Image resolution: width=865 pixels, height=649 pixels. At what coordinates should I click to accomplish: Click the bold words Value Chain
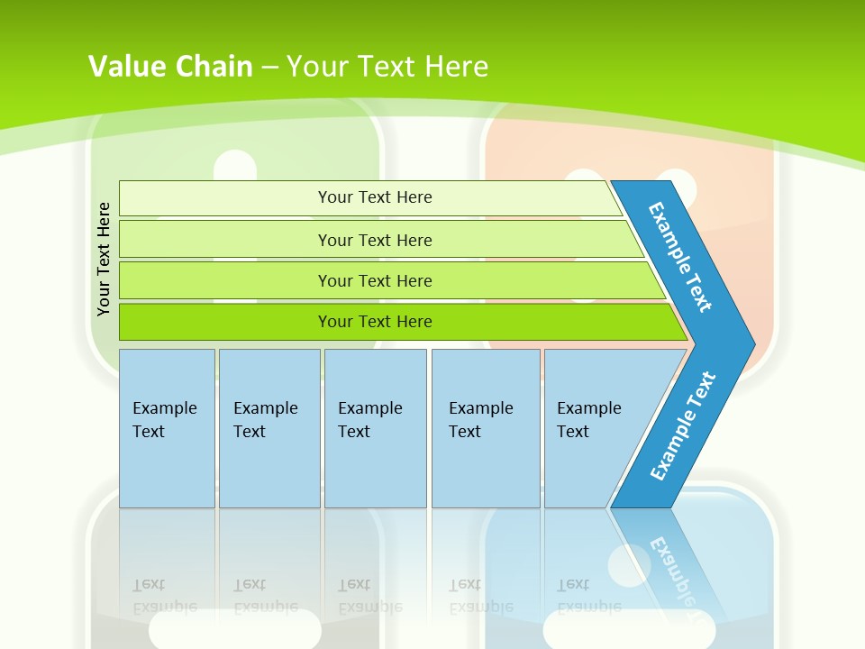170,67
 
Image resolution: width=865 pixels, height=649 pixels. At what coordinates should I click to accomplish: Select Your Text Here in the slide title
387,67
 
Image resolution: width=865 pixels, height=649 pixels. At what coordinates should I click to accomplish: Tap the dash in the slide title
269,68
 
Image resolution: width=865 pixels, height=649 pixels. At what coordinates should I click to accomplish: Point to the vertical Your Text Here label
104,259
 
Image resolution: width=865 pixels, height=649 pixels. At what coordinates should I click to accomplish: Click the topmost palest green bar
374,197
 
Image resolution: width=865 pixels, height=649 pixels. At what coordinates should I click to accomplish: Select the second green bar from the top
374,240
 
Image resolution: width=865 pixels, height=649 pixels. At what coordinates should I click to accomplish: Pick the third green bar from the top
374,280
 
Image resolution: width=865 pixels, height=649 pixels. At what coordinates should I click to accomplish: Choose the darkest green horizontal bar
374,322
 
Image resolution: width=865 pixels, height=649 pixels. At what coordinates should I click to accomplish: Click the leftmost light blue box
166,428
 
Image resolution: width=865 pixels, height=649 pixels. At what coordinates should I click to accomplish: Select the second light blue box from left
269,428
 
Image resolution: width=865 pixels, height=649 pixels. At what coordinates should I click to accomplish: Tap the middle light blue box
375,428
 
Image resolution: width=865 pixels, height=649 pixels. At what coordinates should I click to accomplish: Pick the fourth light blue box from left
485,428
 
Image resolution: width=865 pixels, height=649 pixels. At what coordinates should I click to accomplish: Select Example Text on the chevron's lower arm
683,425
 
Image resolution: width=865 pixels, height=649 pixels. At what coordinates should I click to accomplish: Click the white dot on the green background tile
236,168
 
